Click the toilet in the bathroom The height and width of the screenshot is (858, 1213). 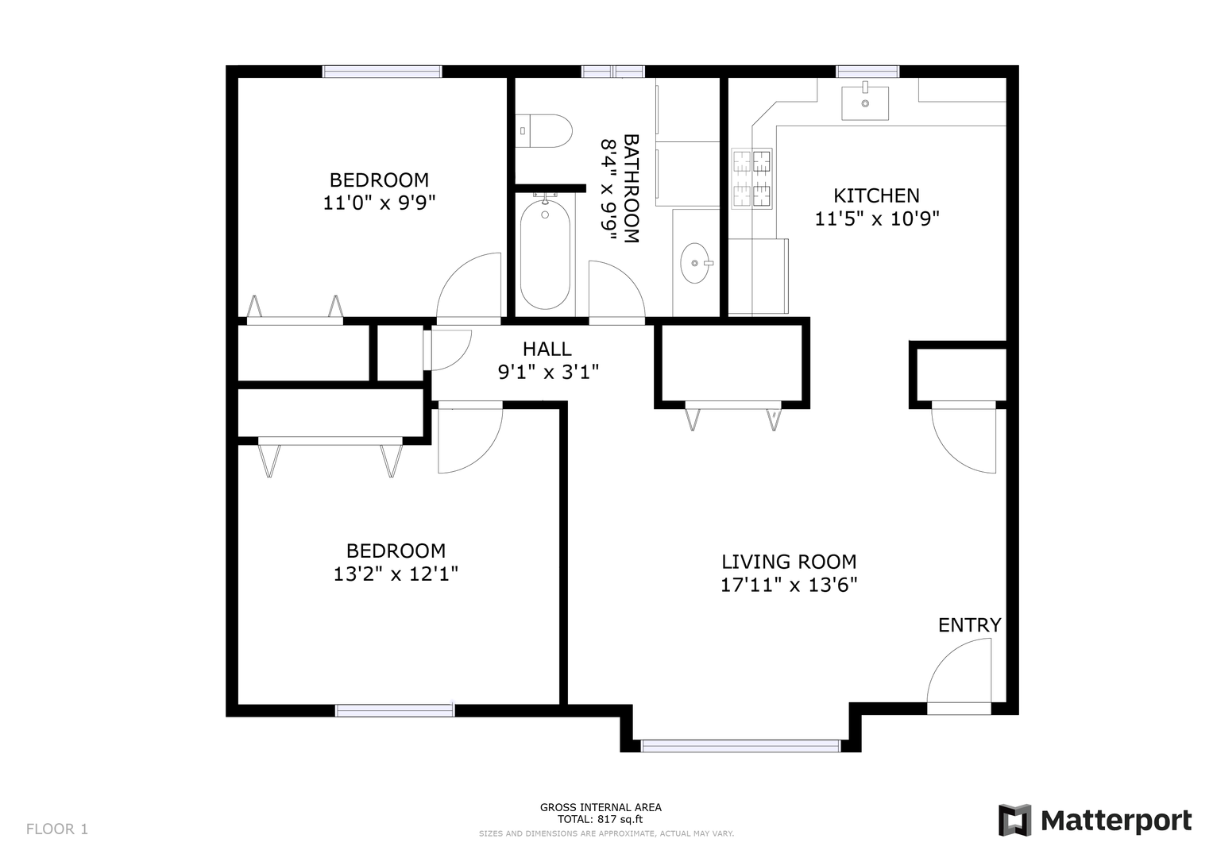[x=543, y=130]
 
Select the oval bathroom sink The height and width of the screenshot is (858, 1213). [x=695, y=263]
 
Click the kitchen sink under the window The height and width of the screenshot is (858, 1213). [x=865, y=103]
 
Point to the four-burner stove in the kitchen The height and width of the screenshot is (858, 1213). [x=751, y=179]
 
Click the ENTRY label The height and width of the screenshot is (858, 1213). [x=969, y=625]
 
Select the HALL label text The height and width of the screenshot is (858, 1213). [x=547, y=350]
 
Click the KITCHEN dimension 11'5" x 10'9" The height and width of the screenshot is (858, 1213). [x=877, y=218]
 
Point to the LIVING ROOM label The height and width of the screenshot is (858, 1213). [x=789, y=562]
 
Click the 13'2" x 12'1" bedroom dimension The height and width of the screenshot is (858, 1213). [x=396, y=574]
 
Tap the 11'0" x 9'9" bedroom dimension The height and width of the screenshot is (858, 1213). [x=379, y=203]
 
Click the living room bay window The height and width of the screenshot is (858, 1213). [x=740, y=746]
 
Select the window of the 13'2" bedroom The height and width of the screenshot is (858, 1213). [x=395, y=710]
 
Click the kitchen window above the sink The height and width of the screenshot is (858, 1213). [x=867, y=71]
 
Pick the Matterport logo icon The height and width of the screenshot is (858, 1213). [x=1015, y=820]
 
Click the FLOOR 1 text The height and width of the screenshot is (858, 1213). [x=57, y=829]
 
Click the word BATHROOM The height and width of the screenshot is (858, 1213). [x=632, y=188]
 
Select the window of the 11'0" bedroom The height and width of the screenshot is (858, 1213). [x=382, y=71]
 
